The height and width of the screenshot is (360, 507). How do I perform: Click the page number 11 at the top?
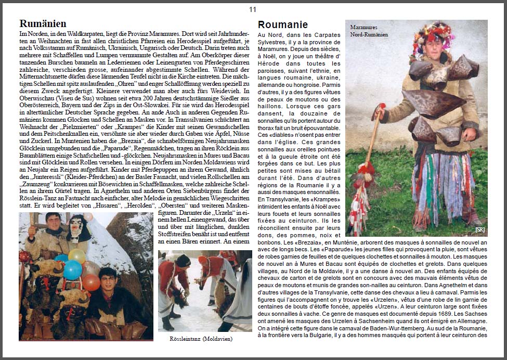[x=253, y=9]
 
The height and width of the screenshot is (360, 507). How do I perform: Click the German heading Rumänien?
[x=43, y=23]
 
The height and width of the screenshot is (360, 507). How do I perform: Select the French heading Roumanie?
[x=283, y=24]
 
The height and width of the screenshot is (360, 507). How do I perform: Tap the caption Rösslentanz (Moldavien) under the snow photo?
[x=201, y=339]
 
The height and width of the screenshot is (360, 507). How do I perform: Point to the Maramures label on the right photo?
[x=363, y=27]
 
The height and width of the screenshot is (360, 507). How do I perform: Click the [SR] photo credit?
[x=479, y=229]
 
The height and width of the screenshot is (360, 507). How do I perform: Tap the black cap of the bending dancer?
[x=183, y=260]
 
